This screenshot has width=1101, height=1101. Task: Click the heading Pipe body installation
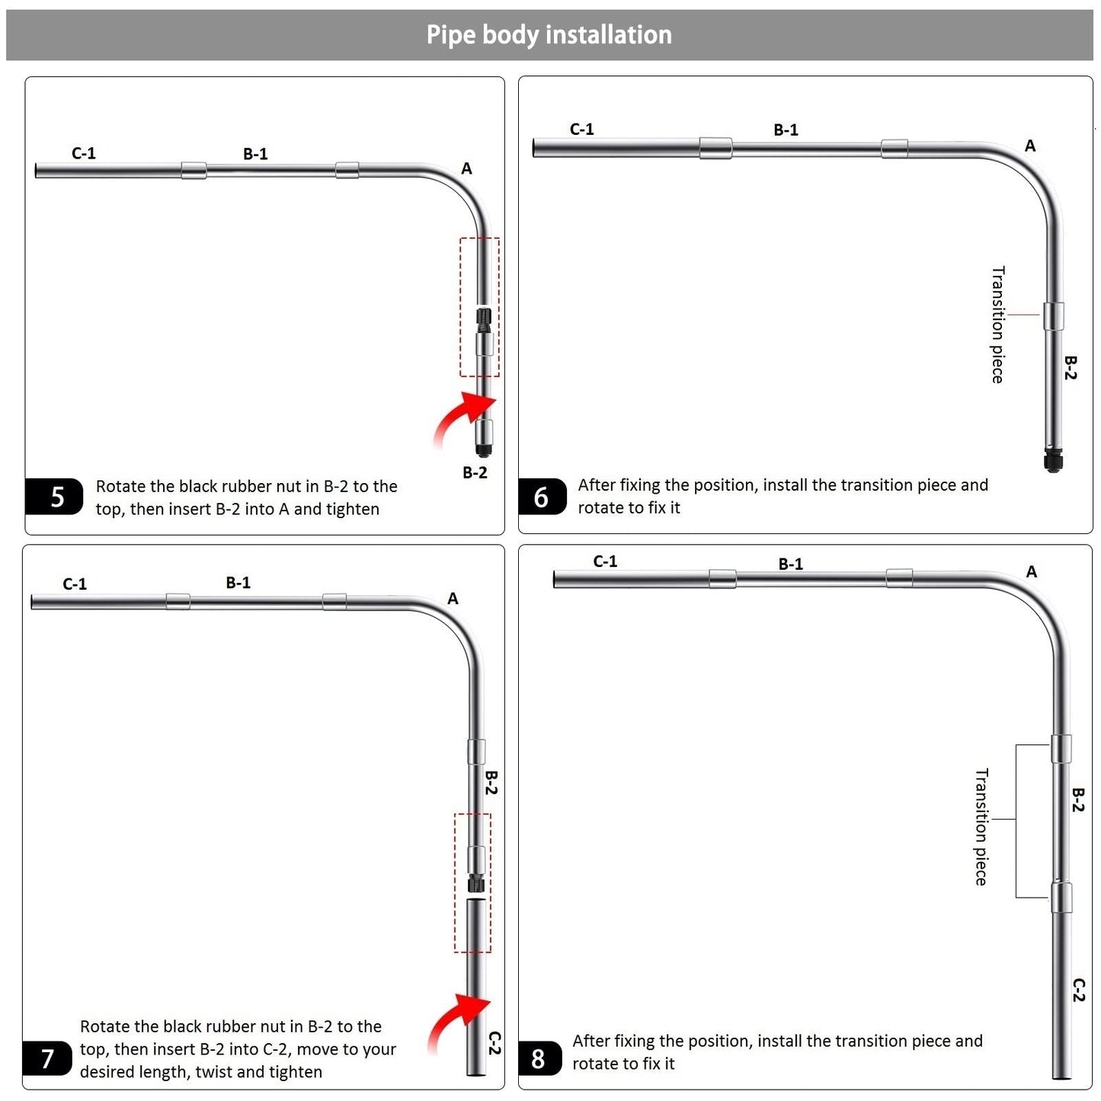pyautogui.click(x=549, y=35)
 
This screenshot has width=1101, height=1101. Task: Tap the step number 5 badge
pyautogui.click(x=53, y=496)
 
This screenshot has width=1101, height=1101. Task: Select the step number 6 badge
pyautogui.click(x=542, y=496)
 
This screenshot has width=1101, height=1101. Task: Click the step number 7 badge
pyautogui.click(x=47, y=1058)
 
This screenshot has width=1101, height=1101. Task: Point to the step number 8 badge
pyautogui.click(x=540, y=1058)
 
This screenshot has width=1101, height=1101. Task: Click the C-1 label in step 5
pyautogui.click(x=83, y=153)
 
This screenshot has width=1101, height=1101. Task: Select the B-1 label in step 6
pyautogui.click(x=786, y=130)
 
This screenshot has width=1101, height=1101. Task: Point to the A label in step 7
pyautogui.click(x=453, y=598)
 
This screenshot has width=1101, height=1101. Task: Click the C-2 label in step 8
pyautogui.click(x=1077, y=991)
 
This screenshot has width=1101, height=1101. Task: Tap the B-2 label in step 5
pyautogui.click(x=475, y=472)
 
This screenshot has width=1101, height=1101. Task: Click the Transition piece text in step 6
pyautogui.click(x=997, y=324)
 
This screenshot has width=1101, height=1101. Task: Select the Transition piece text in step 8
pyautogui.click(x=981, y=826)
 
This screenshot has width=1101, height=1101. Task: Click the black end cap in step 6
pyautogui.click(x=1052, y=460)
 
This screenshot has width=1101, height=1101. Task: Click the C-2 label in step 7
pyautogui.click(x=494, y=1042)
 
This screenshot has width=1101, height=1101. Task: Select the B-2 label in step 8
pyautogui.click(x=1077, y=800)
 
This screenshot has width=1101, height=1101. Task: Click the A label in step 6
pyautogui.click(x=1029, y=146)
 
